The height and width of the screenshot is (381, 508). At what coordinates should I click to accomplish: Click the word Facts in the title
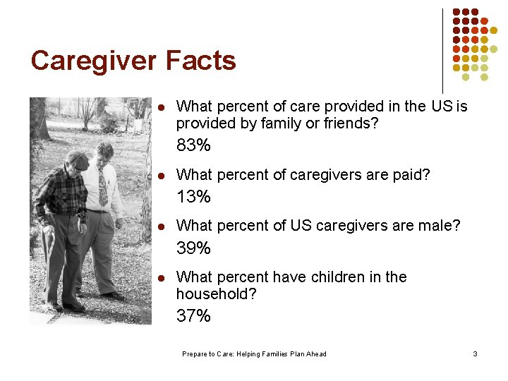201,61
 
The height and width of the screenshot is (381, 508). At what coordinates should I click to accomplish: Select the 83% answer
193,146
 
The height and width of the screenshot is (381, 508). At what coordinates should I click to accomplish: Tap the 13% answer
193,197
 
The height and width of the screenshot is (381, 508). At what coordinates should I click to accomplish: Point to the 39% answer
193,248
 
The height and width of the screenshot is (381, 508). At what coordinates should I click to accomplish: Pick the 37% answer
193,316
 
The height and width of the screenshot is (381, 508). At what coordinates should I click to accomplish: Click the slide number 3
475,353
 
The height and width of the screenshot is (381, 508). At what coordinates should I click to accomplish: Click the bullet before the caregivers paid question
161,175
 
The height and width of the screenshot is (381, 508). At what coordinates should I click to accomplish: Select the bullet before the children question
161,277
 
